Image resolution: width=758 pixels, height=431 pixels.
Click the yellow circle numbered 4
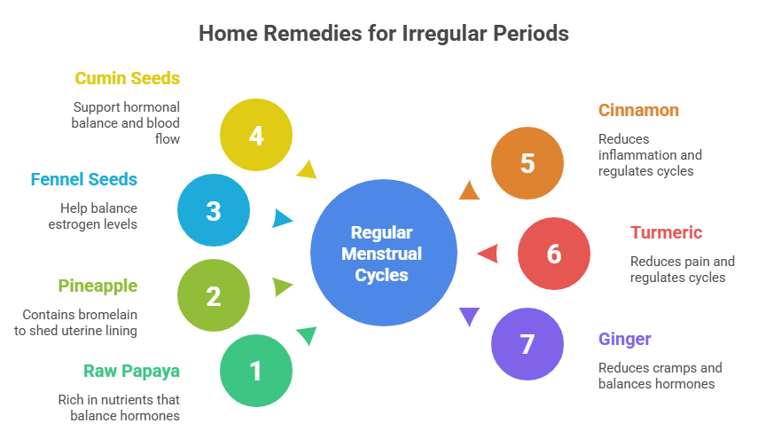256,136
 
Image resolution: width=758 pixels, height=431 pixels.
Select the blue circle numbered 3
213,211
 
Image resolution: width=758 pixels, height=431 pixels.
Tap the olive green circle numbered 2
213,295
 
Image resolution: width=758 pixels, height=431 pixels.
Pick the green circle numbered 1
256,370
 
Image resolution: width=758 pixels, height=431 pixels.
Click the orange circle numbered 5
527,163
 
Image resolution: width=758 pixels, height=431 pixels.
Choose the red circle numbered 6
554,254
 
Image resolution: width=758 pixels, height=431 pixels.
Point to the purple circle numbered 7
527,343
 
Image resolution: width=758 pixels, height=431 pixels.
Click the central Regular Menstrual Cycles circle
382,254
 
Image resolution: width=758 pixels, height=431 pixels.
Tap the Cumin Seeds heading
128,79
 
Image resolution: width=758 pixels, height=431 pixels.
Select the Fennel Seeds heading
83,180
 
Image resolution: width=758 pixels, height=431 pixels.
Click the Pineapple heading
98,286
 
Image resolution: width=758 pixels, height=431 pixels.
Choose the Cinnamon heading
638,111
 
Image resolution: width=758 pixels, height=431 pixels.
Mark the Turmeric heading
667,233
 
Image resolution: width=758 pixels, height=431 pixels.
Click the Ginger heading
625,340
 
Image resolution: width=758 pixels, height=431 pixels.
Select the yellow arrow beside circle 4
307,168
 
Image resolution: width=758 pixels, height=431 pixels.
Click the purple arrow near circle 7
469,315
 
